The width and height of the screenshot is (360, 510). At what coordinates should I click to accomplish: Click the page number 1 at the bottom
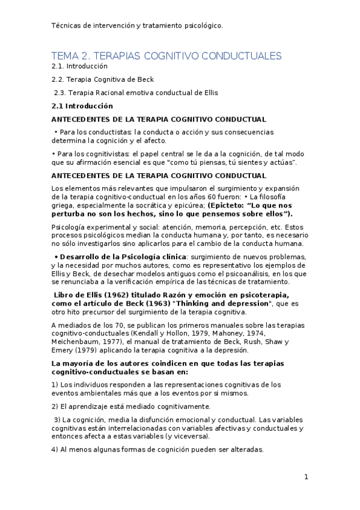point(306,478)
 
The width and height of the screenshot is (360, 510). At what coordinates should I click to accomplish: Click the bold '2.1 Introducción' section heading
point(82,106)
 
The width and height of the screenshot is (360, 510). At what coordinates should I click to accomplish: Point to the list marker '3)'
point(57,419)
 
